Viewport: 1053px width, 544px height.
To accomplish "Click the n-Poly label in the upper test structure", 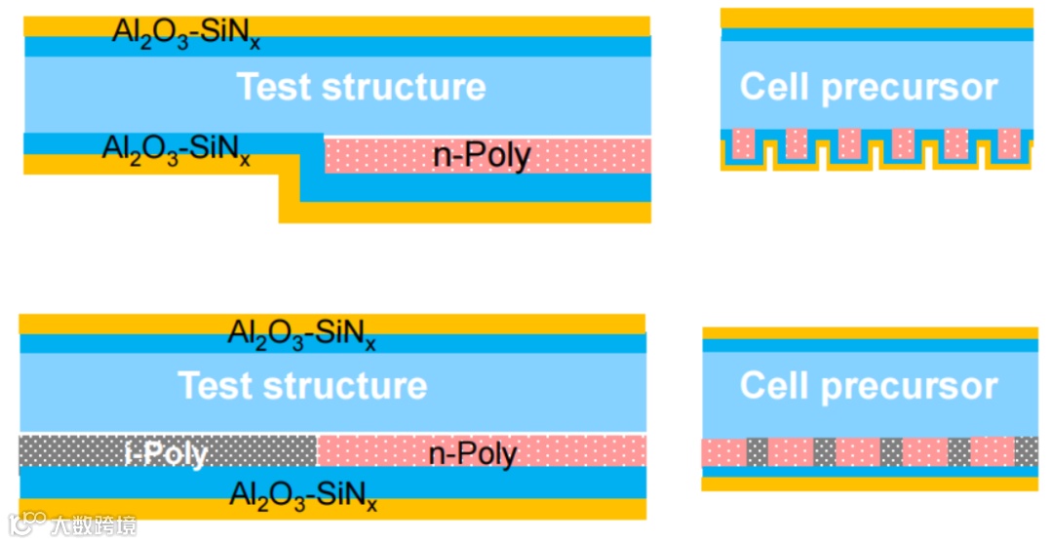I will (x=482, y=156).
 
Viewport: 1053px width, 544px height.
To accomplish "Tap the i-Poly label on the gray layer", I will (x=166, y=453).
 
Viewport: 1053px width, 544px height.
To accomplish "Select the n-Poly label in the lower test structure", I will (x=475, y=453).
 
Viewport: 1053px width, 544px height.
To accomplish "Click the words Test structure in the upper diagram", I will (x=362, y=87).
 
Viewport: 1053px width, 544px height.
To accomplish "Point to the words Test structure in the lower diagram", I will (x=302, y=385).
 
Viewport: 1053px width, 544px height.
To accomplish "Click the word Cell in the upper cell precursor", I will (x=775, y=87).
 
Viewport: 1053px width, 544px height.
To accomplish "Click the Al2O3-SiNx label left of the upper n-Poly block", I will (x=176, y=151).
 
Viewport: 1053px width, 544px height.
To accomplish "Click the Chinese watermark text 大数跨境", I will (x=94, y=525).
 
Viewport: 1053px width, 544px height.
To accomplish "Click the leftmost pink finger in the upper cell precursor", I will (x=744, y=143).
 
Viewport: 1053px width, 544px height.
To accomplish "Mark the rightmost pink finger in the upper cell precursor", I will (x=1009, y=143).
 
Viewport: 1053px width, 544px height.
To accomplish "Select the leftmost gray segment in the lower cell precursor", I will (x=758, y=451).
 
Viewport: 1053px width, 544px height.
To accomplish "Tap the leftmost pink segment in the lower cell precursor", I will (x=723, y=451).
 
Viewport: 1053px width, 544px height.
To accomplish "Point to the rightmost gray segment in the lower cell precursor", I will (x=1026, y=451).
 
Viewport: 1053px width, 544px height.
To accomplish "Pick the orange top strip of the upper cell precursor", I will (x=877, y=18).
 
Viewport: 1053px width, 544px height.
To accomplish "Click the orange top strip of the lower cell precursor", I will (x=870, y=332).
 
